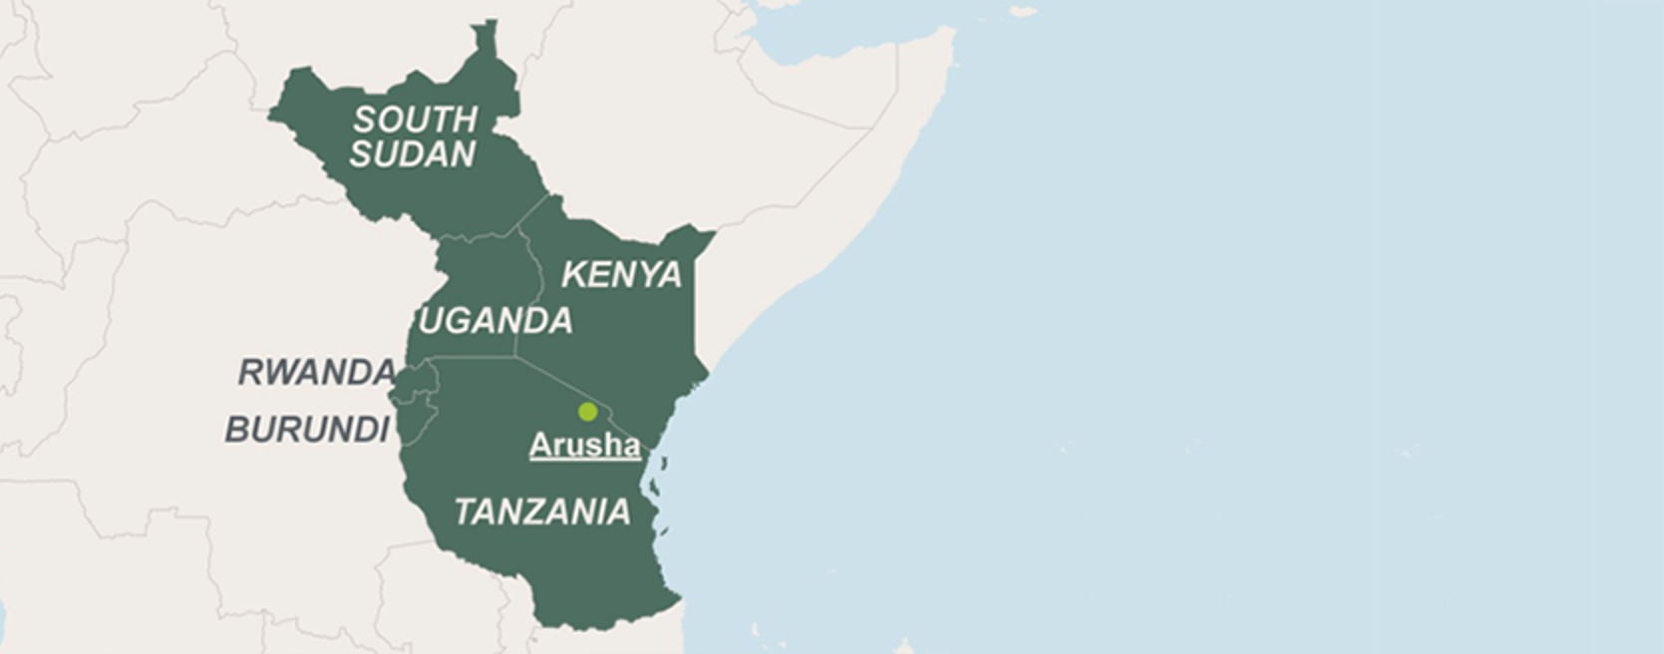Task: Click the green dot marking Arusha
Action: (587, 411)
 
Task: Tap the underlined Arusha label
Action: (584, 445)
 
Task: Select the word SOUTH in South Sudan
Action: (415, 120)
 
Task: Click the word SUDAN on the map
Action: (412, 155)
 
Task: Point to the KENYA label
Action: (621, 275)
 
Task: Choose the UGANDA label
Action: (496, 321)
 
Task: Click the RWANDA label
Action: (315, 373)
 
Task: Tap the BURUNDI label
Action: (306, 430)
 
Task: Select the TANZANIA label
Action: (541, 512)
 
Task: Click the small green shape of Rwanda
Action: (416, 380)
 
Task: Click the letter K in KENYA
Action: (574, 275)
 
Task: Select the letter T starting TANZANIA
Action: (466, 512)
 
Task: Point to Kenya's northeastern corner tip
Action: (710, 234)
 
